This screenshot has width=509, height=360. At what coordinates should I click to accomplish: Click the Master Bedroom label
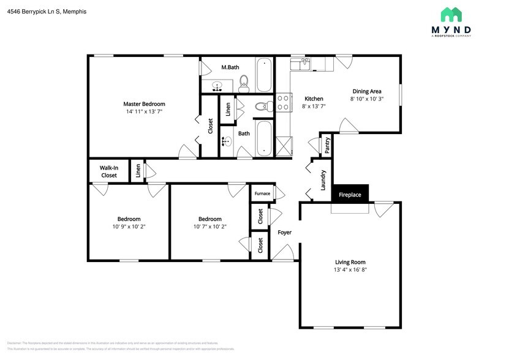(144, 104)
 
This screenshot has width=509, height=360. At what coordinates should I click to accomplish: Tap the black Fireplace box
(350, 195)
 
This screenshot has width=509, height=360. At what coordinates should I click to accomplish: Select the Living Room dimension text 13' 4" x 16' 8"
(350, 269)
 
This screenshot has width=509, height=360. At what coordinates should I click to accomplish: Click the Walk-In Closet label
(108, 171)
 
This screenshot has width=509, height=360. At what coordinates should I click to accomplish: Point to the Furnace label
(262, 193)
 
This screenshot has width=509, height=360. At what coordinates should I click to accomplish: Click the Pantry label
(328, 145)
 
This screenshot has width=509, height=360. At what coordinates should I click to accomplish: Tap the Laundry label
(323, 180)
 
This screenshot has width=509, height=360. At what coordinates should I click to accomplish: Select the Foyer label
(284, 233)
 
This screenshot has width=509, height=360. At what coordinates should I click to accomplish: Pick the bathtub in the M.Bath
(265, 75)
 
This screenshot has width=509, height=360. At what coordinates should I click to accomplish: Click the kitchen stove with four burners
(284, 102)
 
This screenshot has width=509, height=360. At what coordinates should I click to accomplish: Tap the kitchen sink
(301, 64)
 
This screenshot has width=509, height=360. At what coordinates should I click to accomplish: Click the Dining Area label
(367, 91)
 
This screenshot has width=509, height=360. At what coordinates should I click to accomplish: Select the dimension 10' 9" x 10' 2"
(129, 227)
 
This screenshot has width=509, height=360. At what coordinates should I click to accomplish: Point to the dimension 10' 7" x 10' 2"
(209, 227)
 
